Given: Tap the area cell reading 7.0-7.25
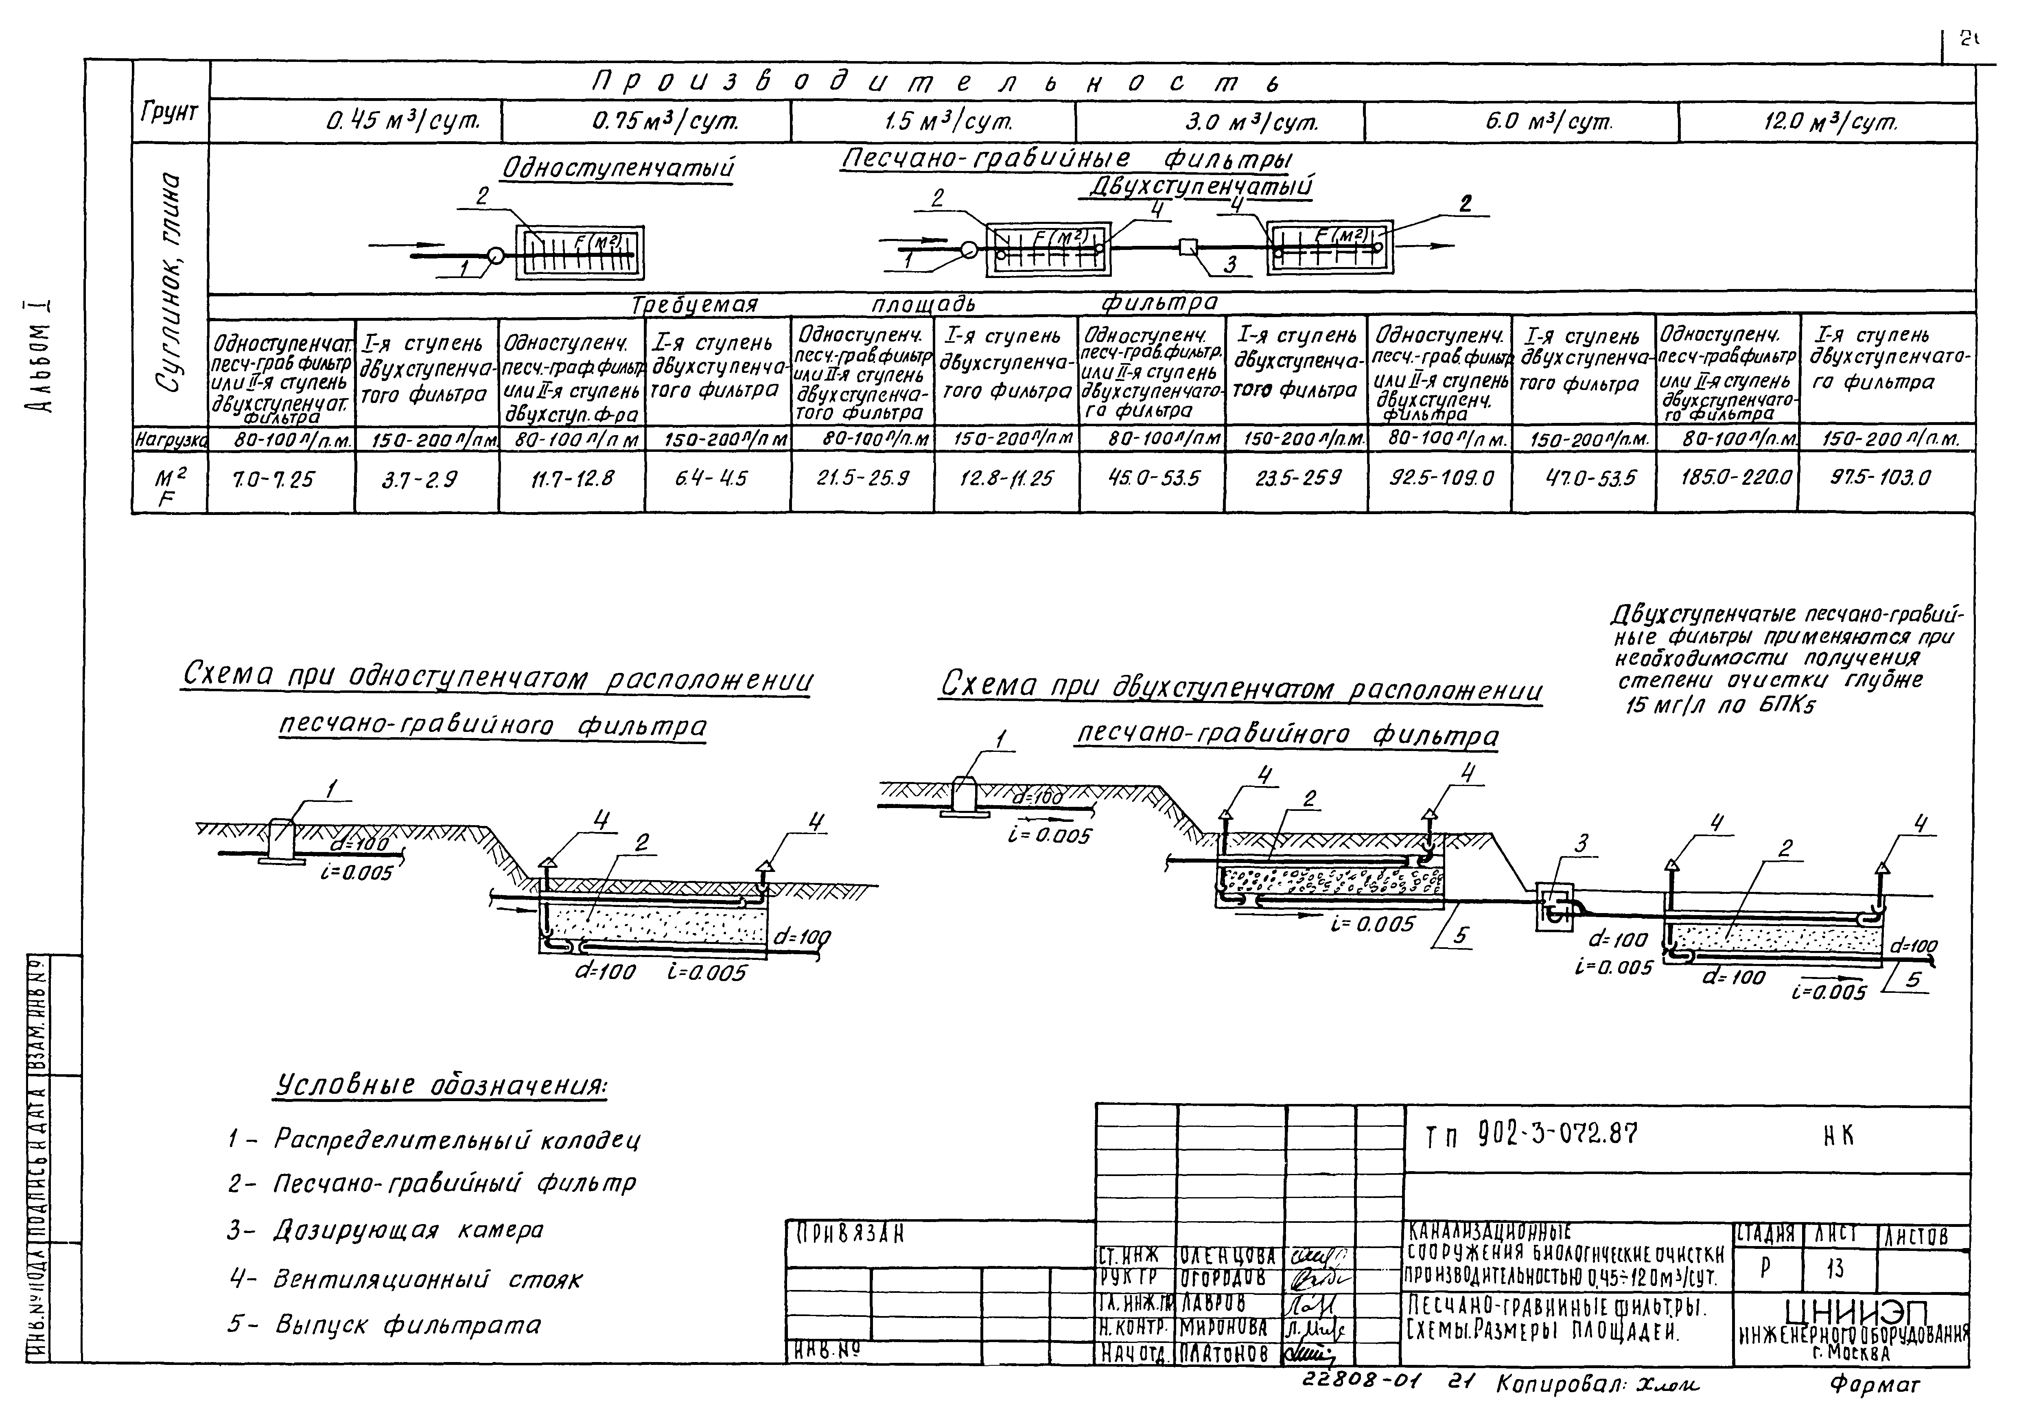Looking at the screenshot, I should coord(273,479).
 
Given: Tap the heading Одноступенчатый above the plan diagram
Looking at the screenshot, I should coord(617,167).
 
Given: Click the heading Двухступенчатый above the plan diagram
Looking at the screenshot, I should coord(1202,186).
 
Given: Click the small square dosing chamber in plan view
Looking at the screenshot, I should coord(1188,247).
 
